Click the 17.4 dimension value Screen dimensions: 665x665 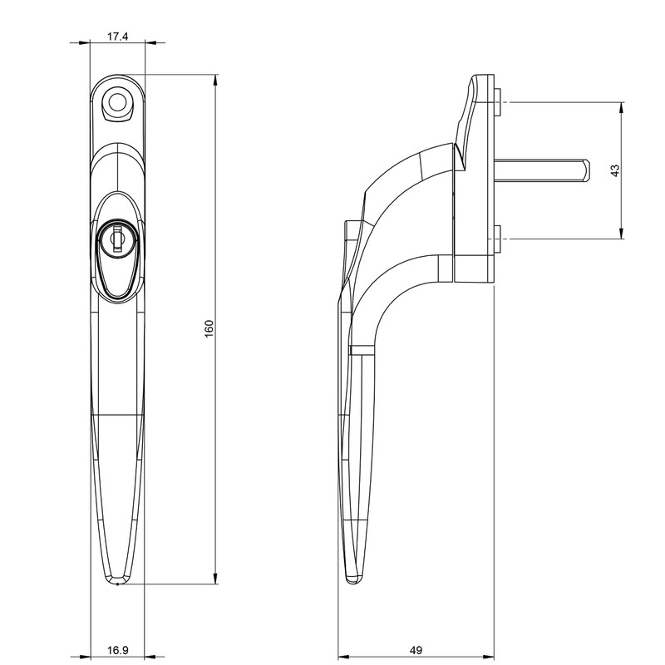(x=117, y=36)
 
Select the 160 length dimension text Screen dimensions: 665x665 (x=209, y=328)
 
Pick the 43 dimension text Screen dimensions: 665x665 (x=615, y=170)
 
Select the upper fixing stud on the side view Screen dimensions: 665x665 (x=499, y=103)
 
